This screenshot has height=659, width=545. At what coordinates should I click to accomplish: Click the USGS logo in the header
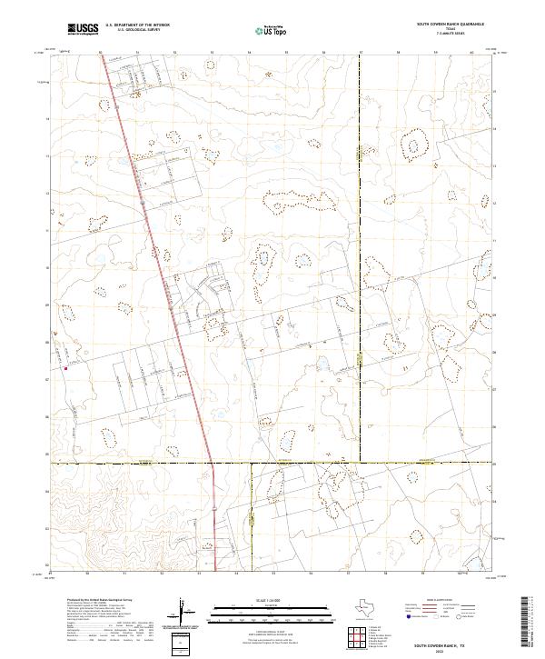[x=83, y=29]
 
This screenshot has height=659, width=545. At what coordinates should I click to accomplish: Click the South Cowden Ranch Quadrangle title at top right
[x=450, y=25]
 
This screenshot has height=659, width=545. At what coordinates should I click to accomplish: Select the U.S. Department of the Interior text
[x=137, y=25]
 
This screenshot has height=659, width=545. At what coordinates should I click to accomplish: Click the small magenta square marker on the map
[x=65, y=369]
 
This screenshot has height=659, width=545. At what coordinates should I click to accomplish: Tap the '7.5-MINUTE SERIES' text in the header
[x=450, y=35]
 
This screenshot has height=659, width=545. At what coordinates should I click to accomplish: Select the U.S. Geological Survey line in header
[x=137, y=30]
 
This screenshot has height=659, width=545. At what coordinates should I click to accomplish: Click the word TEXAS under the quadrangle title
[x=450, y=30]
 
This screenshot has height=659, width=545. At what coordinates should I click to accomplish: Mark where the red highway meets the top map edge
[x=98, y=53]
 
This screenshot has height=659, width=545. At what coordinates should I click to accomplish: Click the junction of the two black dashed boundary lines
[x=361, y=463]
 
